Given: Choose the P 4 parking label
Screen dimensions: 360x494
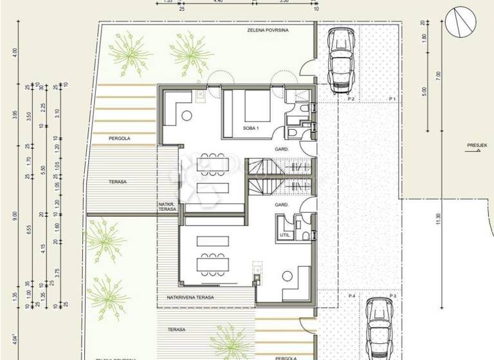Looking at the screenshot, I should click(351, 296).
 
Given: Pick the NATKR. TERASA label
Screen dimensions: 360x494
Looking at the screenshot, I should click(167, 207).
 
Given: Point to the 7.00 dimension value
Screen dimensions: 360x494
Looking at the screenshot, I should click(438, 75).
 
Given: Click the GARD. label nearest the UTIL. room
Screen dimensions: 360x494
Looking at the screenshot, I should click(280, 204).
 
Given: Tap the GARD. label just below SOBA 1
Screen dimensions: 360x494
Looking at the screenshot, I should click(280, 148).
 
